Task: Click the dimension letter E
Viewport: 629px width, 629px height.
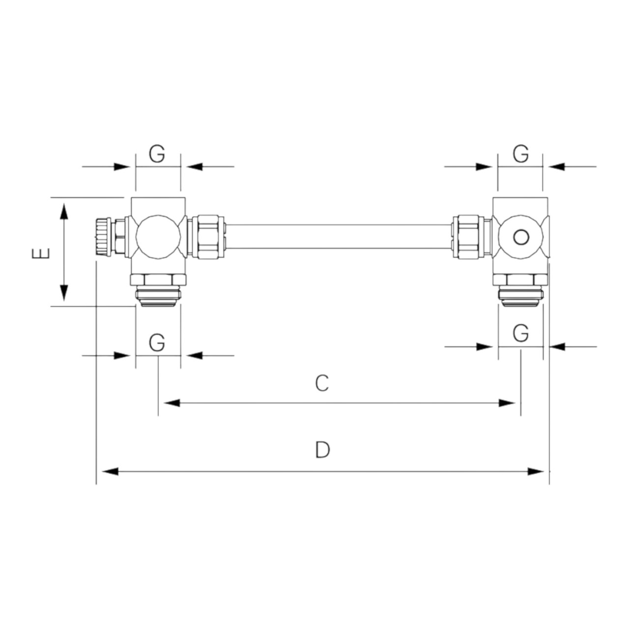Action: [41, 253]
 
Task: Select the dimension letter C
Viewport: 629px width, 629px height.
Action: [322, 383]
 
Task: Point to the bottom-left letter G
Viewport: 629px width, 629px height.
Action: [157, 343]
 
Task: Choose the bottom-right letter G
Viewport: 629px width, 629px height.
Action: [520, 333]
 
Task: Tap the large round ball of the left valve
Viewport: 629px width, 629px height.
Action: [158, 237]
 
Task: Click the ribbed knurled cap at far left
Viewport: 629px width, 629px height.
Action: [104, 237]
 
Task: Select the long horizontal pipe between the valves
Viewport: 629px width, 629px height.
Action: [338, 237]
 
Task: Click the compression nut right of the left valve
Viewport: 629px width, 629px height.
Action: [205, 237]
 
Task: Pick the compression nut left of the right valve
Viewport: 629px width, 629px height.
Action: [471, 237]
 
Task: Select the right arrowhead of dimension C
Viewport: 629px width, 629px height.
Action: [507, 403]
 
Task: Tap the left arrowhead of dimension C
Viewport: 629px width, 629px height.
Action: [172, 403]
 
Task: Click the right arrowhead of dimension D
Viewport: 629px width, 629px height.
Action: [536, 471]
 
